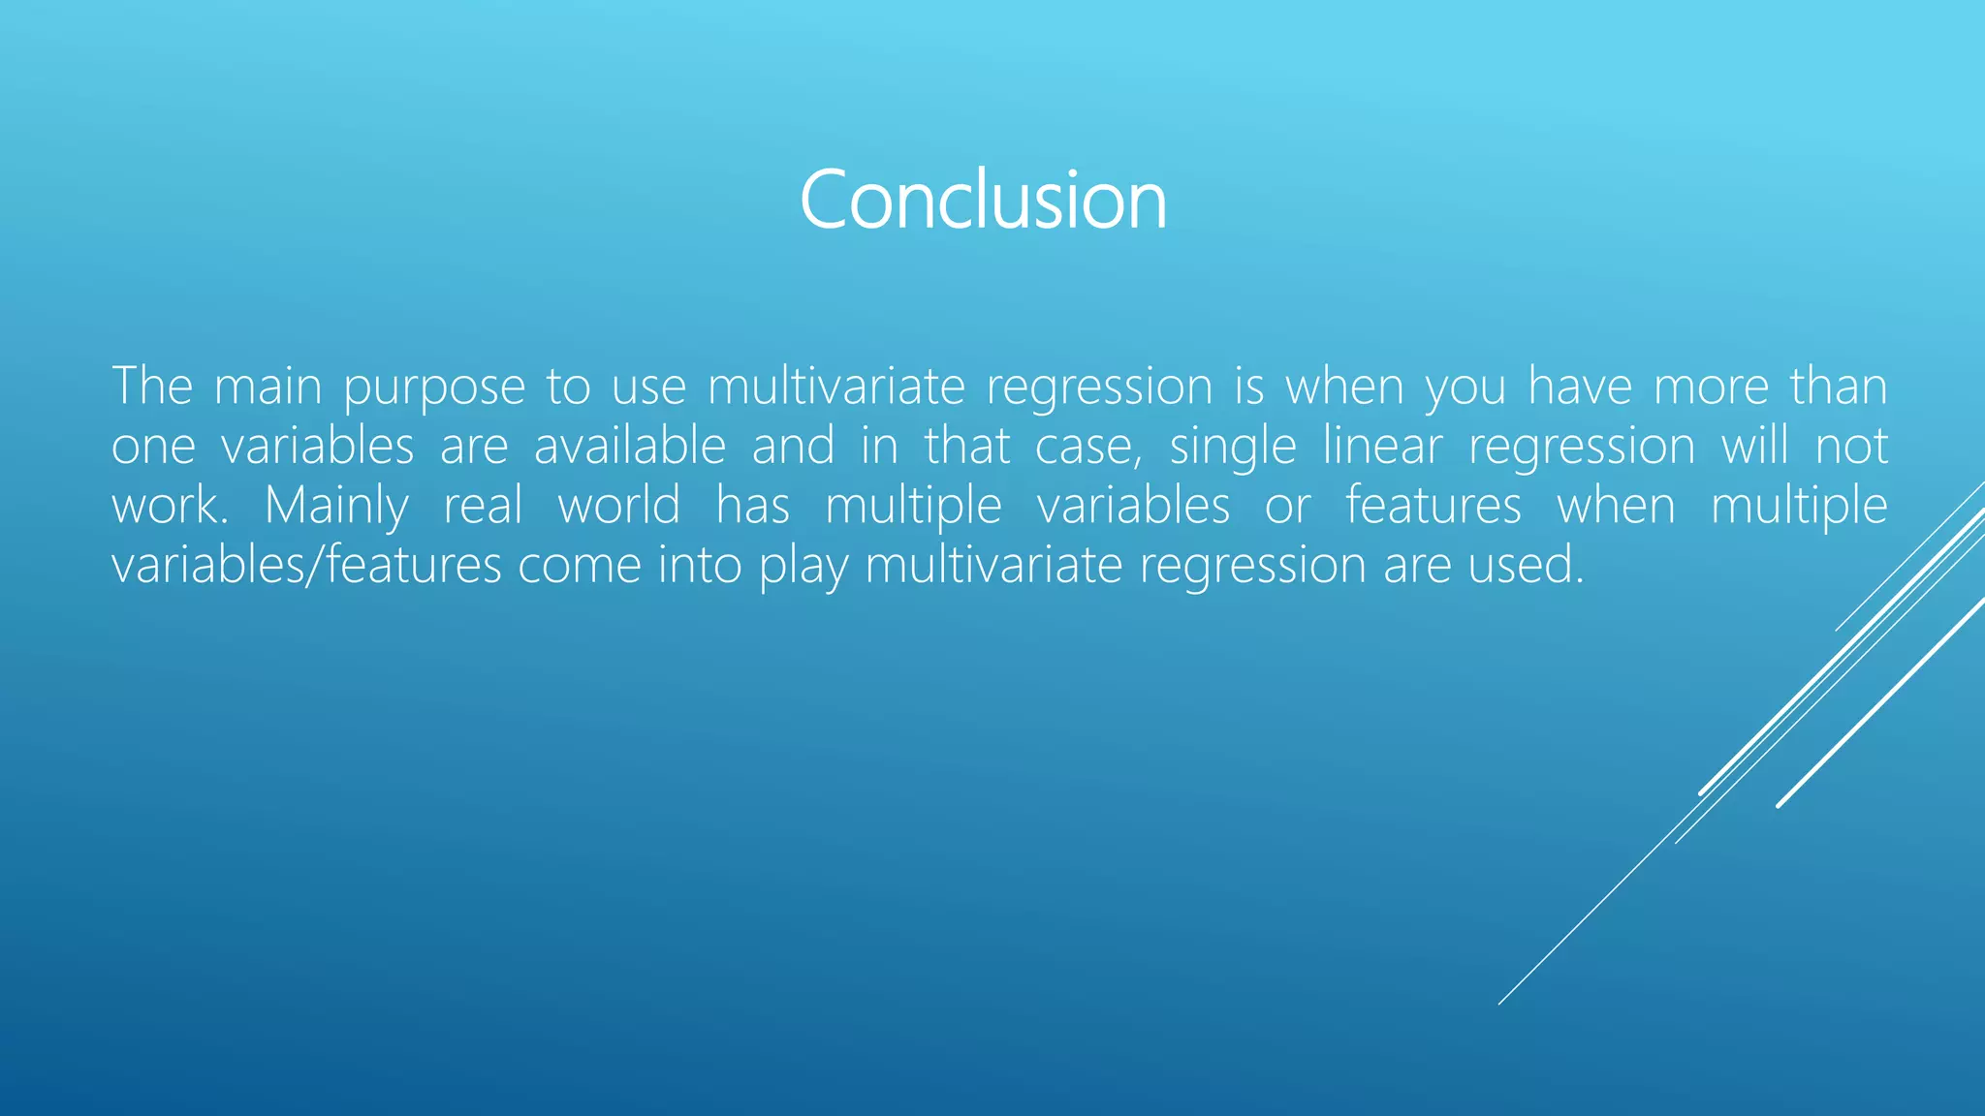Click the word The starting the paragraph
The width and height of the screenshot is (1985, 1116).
tap(152, 386)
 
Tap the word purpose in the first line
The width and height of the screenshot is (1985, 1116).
tap(434, 387)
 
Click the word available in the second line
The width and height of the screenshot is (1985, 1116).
tap(630, 446)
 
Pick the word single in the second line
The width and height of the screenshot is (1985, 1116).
tap(1233, 448)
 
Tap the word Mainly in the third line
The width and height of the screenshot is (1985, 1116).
tap(336, 507)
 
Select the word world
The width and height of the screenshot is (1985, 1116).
tap(618, 505)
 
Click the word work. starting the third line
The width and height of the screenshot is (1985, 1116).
tap(170, 505)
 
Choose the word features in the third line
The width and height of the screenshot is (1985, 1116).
tap(1434, 505)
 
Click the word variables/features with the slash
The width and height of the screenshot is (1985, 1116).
tap(306, 565)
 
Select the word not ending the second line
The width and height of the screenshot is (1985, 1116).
tap(1851, 446)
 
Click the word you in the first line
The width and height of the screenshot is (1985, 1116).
tap(1465, 387)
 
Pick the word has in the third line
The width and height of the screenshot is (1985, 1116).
tap(753, 505)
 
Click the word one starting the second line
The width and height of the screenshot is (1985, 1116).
tap(153, 448)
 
